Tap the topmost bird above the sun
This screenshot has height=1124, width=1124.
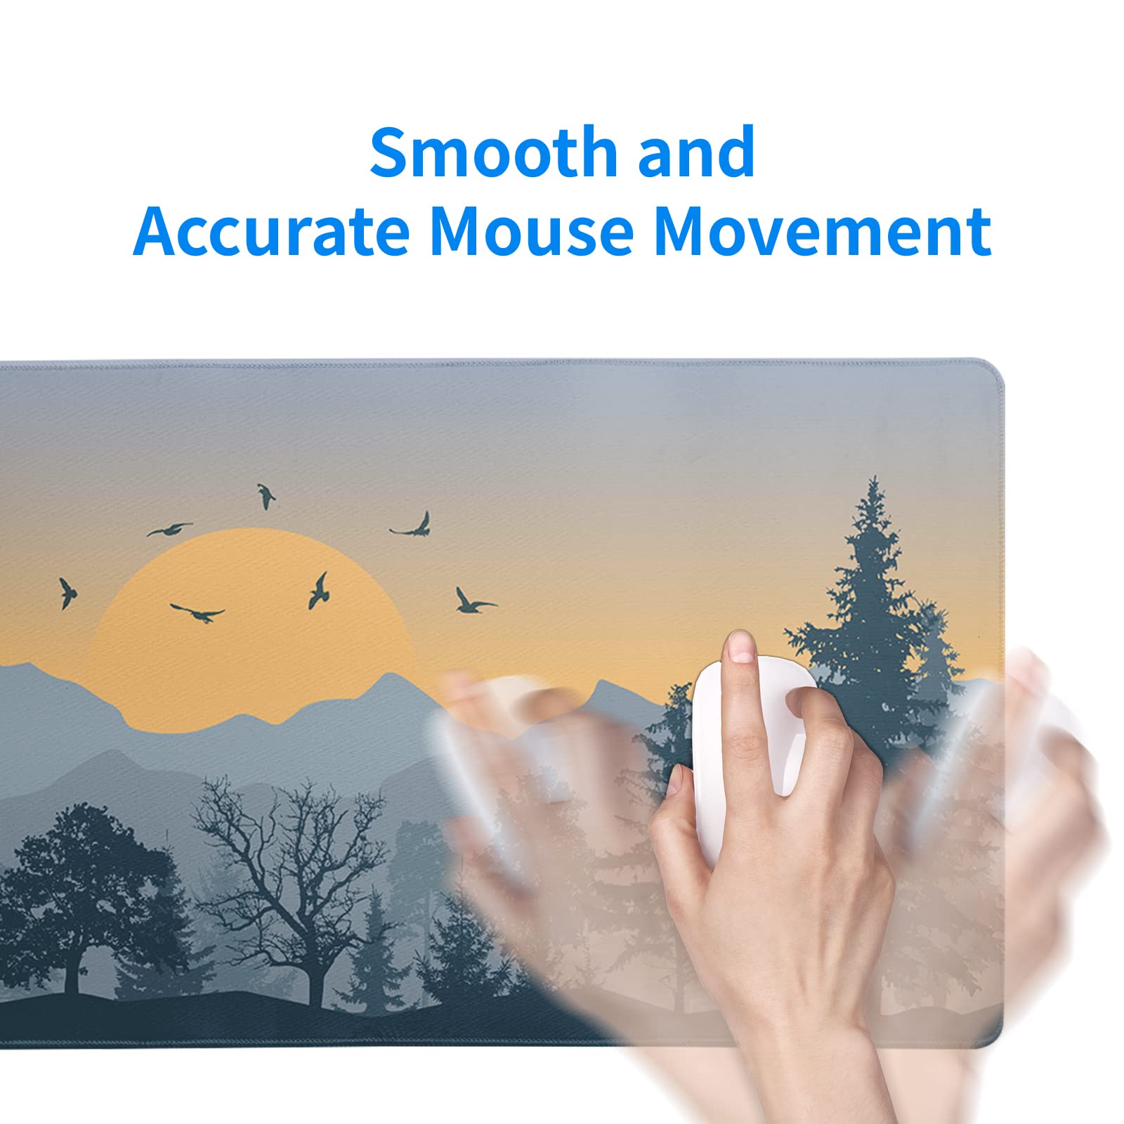(x=266, y=496)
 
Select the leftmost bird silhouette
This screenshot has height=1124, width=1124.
(x=67, y=593)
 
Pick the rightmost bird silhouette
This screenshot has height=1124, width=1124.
(x=474, y=601)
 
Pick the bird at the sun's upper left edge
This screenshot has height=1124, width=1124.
(x=169, y=529)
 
